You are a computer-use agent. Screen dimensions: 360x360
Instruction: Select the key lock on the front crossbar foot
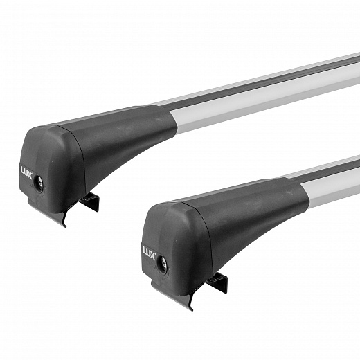(x=163, y=262)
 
